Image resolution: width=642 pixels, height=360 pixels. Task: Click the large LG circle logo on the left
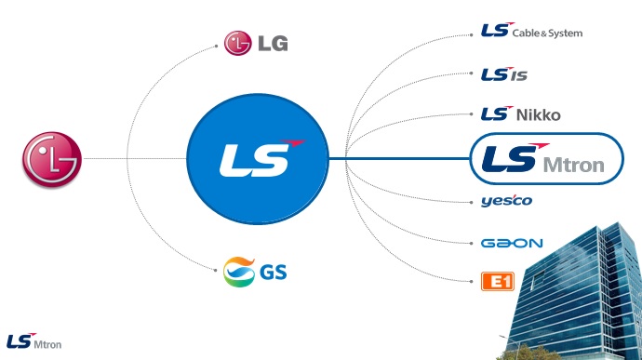(52, 159)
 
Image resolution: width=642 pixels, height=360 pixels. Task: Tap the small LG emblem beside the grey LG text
(237, 43)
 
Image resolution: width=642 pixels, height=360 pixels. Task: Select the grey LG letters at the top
(274, 44)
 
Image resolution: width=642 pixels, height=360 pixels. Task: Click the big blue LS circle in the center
(258, 159)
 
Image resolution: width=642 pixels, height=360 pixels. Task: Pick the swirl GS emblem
(239, 272)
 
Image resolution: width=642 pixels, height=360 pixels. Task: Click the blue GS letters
(274, 272)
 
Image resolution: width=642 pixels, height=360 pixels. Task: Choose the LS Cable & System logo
(531, 31)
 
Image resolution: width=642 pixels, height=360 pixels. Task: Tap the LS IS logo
(504, 74)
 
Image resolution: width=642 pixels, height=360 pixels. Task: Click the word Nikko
(539, 115)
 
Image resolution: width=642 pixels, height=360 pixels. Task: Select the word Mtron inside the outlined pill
(574, 165)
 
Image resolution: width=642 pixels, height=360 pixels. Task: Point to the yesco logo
(506, 200)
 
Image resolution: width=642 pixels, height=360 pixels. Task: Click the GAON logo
(512, 244)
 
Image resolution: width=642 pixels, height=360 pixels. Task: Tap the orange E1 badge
(498, 281)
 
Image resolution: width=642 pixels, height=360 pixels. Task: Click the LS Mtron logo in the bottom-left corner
(34, 341)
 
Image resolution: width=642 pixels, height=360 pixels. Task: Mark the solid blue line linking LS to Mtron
(399, 158)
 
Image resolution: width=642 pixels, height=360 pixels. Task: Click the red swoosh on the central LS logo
(293, 143)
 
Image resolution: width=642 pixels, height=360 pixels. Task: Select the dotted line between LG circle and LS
(135, 158)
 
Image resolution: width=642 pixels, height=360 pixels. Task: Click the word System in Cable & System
(566, 33)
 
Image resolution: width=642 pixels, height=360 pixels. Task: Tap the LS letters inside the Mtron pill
(510, 158)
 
